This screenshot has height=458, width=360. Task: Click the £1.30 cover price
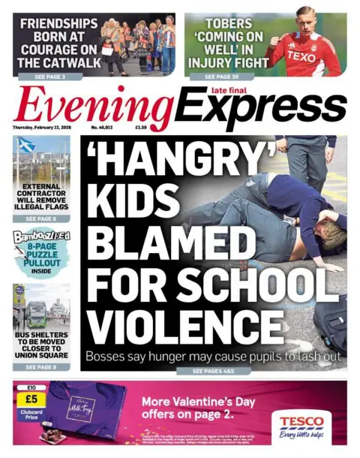click(x=140, y=128)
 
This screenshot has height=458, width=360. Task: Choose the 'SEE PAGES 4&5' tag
click(x=214, y=371)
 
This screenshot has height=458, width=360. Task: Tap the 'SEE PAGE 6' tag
click(x=42, y=218)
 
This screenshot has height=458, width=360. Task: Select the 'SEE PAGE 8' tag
click(x=42, y=367)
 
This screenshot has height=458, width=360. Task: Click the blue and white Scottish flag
click(x=24, y=146)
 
